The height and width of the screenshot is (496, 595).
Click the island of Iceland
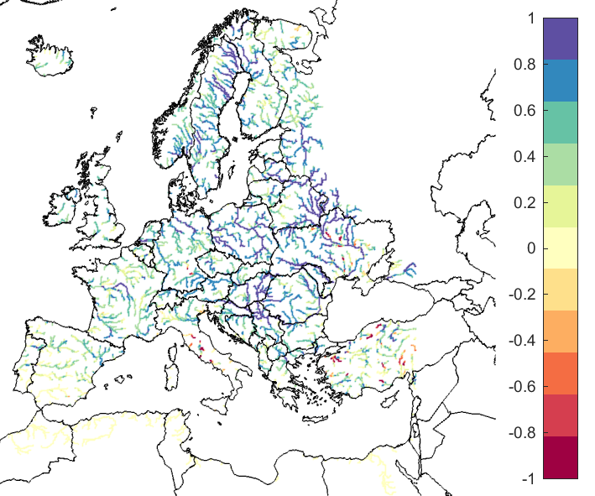coord(53,57)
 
